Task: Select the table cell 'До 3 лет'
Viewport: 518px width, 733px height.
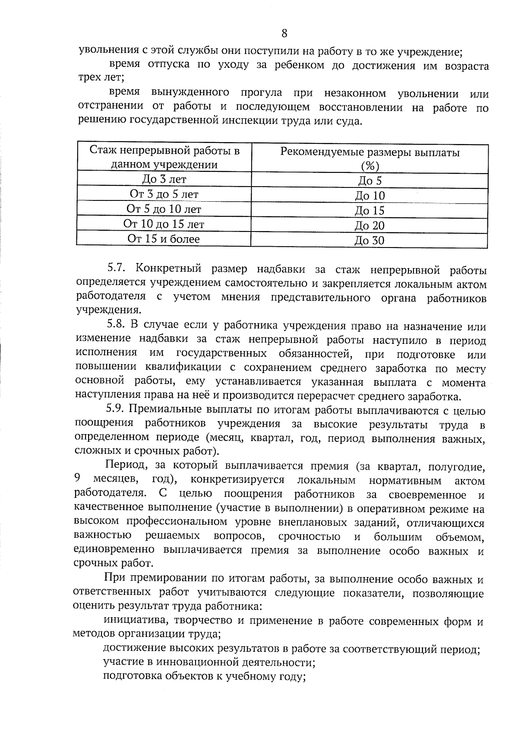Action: pos(164,179)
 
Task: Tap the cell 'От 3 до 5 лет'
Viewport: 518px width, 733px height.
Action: pos(164,194)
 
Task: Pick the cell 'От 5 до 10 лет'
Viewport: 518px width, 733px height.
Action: pos(164,209)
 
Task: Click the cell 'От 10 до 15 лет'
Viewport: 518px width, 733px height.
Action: pos(164,224)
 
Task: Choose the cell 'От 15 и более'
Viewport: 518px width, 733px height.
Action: pos(164,238)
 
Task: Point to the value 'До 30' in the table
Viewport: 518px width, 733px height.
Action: pos(370,241)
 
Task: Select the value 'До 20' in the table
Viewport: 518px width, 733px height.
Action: pos(370,225)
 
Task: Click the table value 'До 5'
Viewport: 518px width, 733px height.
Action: pos(370,181)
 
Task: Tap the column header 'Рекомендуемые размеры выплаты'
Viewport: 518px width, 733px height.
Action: pos(370,152)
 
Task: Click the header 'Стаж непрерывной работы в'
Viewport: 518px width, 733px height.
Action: pos(164,151)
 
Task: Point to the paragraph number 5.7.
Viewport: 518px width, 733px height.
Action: pos(116,268)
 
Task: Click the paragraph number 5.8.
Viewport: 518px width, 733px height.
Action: pos(116,326)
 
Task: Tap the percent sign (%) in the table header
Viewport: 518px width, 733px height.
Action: pos(370,166)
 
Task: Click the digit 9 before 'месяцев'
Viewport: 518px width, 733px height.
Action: pos(77,479)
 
